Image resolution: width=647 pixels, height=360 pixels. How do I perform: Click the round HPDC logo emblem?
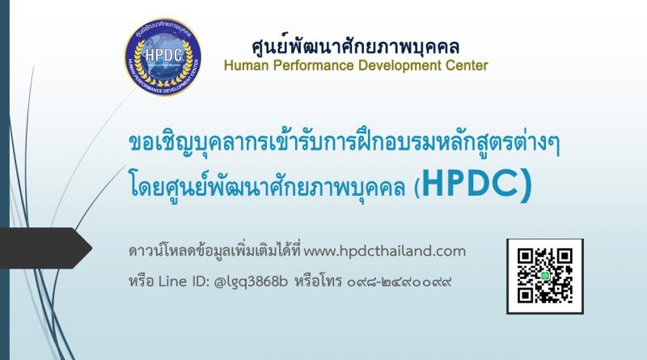163,57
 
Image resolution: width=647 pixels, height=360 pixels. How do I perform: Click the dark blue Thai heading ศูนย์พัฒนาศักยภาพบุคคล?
355,46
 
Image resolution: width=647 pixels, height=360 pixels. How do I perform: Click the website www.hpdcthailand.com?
385,251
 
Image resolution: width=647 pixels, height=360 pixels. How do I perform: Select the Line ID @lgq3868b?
251,282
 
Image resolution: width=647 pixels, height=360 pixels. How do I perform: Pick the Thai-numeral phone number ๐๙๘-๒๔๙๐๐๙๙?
399,282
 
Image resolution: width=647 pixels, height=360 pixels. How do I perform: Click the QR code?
544,276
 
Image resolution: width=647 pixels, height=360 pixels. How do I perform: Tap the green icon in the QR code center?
545,275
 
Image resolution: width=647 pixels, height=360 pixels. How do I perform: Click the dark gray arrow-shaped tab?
46,248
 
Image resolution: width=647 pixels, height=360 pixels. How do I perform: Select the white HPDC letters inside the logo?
164,54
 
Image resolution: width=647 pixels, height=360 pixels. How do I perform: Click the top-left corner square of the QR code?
525,256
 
